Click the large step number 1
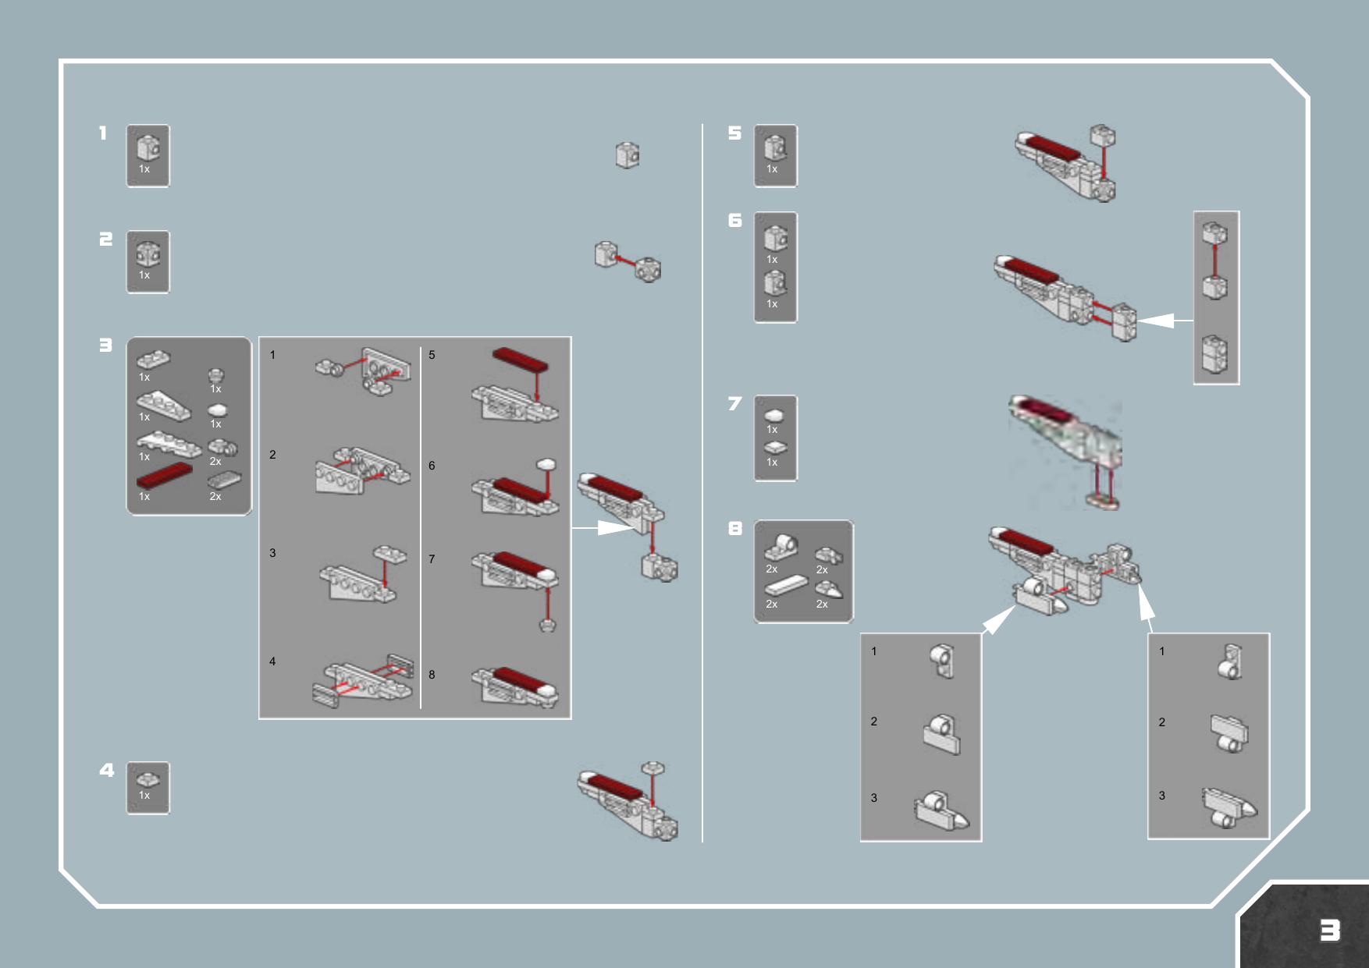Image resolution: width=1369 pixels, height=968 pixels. click(x=103, y=133)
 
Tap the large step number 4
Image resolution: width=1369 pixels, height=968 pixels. click(x=107, y=771)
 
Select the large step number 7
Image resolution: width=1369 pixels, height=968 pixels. click(x=734, y=403)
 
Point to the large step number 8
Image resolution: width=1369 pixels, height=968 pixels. click(x=734, y=529)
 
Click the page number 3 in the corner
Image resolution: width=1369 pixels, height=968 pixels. click(x=1330, y=930)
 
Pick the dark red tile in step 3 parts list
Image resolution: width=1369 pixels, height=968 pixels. click(x=164, y=475)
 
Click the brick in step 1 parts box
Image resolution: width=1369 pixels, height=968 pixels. click(x=148, y=147)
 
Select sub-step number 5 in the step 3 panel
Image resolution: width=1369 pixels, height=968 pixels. click(x=432, y=355)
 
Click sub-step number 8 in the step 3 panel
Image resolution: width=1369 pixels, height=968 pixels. click(x=432, y=675)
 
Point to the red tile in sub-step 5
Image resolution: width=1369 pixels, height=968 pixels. click(x=521, y=360)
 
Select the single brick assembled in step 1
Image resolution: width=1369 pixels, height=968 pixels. click(x=628, y=155)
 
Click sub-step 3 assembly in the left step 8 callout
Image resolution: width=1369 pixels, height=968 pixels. click(x=941, y=811)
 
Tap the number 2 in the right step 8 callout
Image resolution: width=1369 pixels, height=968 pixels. click(x=1162, y=722)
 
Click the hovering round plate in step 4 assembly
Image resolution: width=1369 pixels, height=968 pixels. click(x=653, y=768)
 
